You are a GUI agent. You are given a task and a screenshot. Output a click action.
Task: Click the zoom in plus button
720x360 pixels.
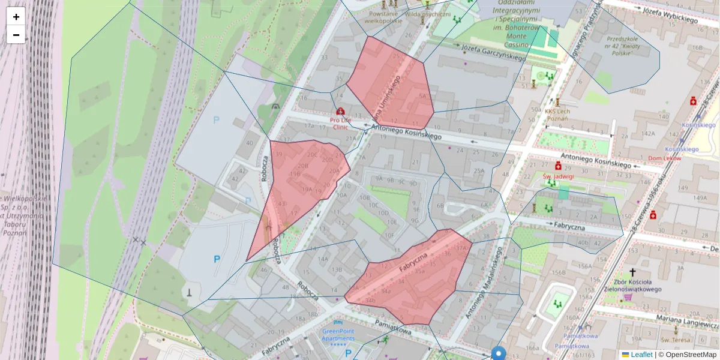pyautogui.click(x=16, y=17)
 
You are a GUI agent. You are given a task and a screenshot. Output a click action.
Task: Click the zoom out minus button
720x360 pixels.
pyautogui.click(x=16, y=35)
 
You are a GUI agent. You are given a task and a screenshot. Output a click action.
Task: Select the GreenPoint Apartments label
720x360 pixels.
pyautogui.click(x=338, y=334)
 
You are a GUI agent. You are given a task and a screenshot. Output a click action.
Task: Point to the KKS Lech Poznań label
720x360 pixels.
pyautogui.click(x=557, y=115)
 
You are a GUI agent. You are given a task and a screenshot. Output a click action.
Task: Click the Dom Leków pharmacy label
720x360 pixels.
pyautogui.click(x=665, y=158)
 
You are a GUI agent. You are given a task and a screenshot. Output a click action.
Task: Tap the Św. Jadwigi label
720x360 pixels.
pyautogui.click(x=559, y=176)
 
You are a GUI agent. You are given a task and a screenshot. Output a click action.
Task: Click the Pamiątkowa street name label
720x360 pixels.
pyautogui.click(x=394, y=327)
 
